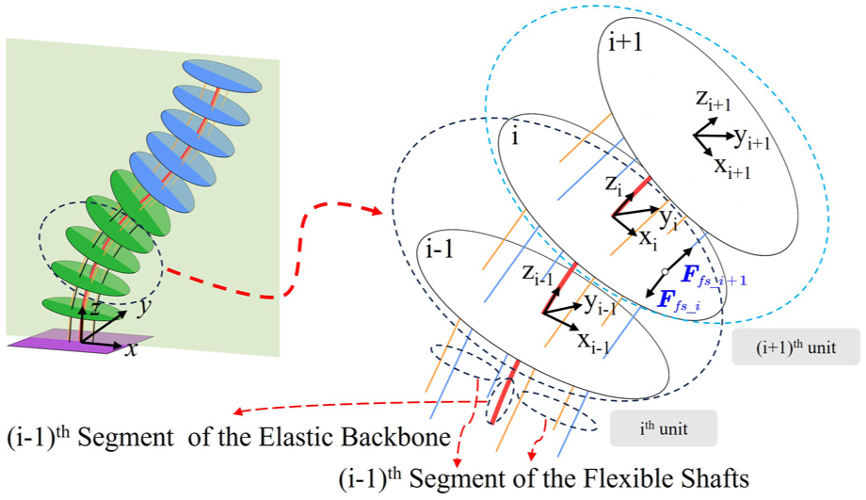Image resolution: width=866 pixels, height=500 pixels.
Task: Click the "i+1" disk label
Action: pos(625,41)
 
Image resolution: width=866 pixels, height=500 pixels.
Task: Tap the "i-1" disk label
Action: pos(440,250)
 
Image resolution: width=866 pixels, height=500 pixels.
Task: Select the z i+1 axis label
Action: pos(713,100)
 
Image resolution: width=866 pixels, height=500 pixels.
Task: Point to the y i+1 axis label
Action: pos(752,138)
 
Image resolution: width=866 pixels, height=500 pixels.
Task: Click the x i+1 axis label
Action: pos(732,167)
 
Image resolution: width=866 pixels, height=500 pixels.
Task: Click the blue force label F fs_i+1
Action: pos(713,276)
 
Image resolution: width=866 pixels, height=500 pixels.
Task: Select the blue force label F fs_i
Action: pos(679,301)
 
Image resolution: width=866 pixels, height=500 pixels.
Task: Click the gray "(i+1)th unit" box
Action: pos(795,347)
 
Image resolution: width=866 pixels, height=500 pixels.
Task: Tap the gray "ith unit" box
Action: pos(664,428)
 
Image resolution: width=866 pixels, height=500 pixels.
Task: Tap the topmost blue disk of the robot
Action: pos(221,76)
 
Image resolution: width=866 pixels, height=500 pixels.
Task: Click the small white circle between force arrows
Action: pos(665,271)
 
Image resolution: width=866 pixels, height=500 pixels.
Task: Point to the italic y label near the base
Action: pos(145,307)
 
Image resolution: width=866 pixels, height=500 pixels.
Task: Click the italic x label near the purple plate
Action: pos(132,349)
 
